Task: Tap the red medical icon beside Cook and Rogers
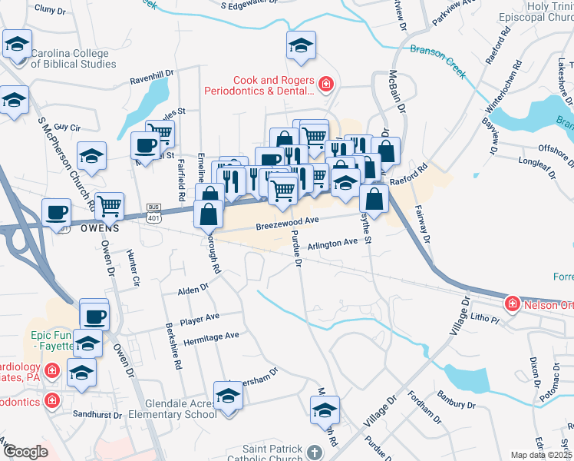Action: (325, 83)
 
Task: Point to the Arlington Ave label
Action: (333, 243)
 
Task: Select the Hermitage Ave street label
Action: (210, 337)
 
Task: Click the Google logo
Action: (25, 452)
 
